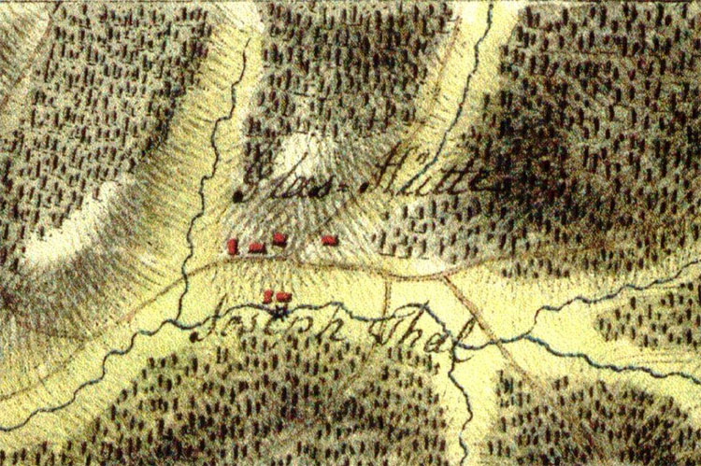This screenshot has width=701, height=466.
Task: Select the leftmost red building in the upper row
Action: click(232, 247)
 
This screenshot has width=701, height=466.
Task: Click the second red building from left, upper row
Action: click(255, 247)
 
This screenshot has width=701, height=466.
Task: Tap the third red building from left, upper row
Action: click(279, 240)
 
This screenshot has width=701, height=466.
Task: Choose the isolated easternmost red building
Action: click(328, 240)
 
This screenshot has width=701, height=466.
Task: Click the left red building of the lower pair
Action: click(269, 296)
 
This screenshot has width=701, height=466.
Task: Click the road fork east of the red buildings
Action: click(447, 276)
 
